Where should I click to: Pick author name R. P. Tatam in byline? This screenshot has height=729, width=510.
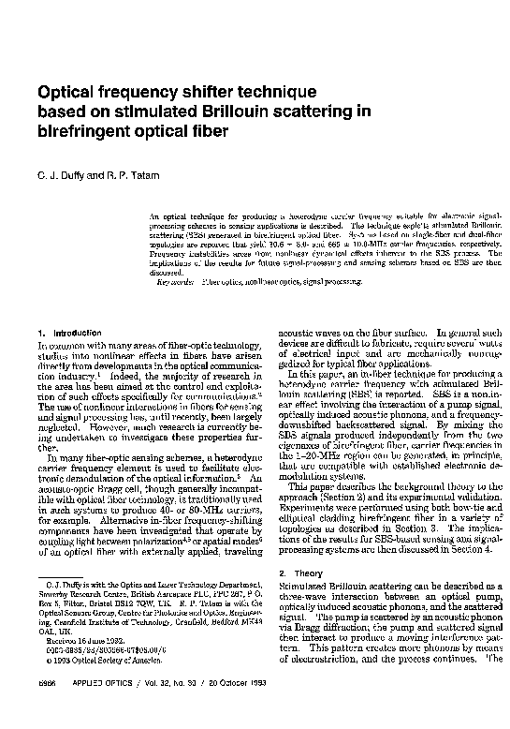(129, 175)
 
